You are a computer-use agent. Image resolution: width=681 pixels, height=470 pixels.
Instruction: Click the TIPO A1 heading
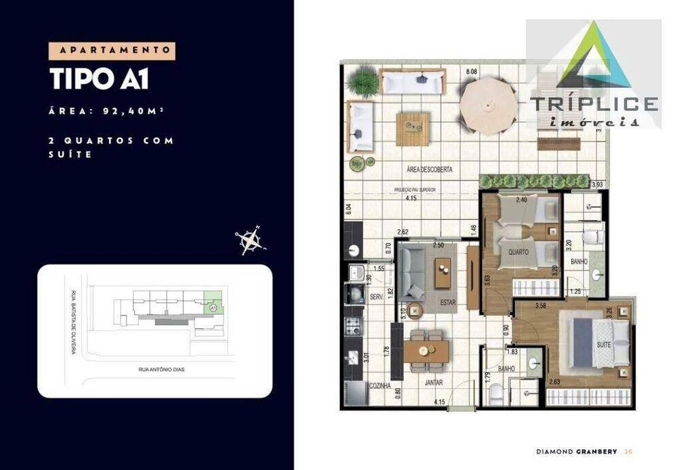[x=99, y=78]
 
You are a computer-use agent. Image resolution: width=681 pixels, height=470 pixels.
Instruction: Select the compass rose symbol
[x=250, y=240]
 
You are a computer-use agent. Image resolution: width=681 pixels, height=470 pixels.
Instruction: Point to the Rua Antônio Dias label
[x=162, y=370]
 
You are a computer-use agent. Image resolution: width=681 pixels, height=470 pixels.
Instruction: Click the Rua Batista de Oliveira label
[x=73, y=322]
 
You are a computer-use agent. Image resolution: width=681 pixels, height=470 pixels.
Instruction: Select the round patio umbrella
[x=488, y=106]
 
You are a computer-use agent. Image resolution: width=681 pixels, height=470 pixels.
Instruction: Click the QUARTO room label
[x=518, y=251]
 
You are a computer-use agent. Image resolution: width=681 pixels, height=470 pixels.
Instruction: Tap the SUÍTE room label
[x=603, y=345]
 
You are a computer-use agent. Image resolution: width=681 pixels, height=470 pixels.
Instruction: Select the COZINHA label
[x=379, y=386]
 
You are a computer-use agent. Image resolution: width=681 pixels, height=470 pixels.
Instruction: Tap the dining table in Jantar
[x=426, y=351]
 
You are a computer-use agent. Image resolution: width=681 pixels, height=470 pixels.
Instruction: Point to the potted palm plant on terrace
[x=361, y=82]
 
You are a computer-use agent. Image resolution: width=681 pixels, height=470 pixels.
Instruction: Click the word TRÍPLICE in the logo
[x=593, y=104]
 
